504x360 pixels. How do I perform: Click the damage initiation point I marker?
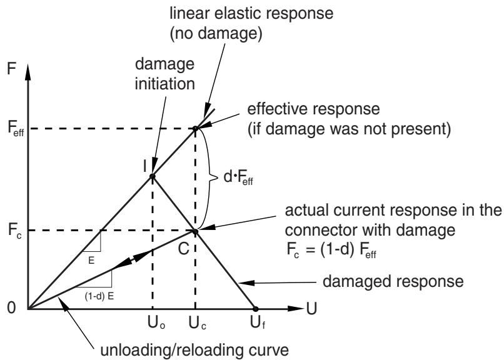tap(153, 176)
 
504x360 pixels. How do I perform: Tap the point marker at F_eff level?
tap(195, 129)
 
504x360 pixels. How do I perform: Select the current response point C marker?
tap(195, 231)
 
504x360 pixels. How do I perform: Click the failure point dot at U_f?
tap(256, 309)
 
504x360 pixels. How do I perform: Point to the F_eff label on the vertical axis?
tap(16, 129)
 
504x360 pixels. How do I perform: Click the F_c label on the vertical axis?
tap(15, 231)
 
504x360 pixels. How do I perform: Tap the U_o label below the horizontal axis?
tap(156, 322)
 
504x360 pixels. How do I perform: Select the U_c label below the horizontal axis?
tap(197, 322)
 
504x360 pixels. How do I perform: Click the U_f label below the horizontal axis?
tap(258, 322)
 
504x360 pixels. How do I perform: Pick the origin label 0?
tap(11, 307)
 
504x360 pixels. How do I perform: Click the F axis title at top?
tap(11, 68)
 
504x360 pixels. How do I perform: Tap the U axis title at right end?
tap(311, 308)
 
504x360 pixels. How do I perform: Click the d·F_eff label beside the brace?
tap(238, 177)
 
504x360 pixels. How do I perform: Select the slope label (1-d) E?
tap(99, 296)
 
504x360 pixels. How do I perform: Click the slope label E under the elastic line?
tap(91, 261)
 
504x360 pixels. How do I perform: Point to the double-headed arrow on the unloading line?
tap(132, 259)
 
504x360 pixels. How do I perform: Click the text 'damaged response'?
tap(393, 282)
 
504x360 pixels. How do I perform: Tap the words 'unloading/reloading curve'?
tap(194, 350)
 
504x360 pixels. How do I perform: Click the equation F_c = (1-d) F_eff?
tap(331, 250)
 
